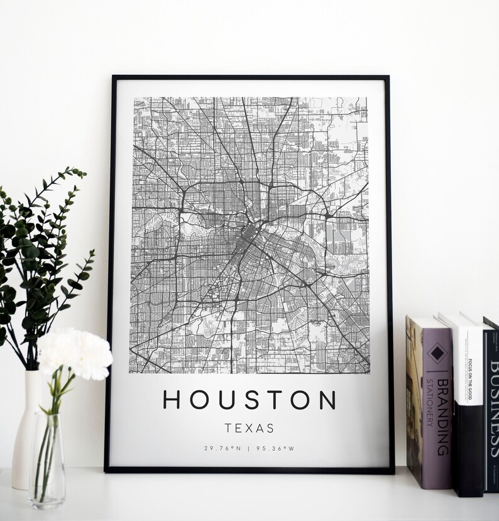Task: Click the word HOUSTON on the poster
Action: (249, 400)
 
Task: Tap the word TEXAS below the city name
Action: (249, 429)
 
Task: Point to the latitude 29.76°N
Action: (222, 448)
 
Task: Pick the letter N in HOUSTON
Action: (327, 400)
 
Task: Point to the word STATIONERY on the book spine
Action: (430, 402)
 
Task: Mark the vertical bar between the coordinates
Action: (249, 448)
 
